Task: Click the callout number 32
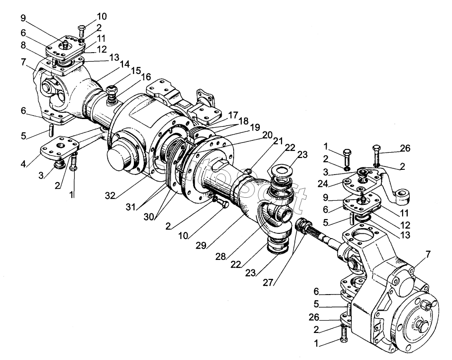pyautogui.click(x=110, y=196)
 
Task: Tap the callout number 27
pyautogui.click(x=268, y=283)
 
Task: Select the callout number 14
pyautogui.click(x=124, y=64)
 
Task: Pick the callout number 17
pyautogui.click(x=233, y=115)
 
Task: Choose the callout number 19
pyautogui.click(x=255, y=127)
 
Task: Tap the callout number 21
pyautogui.click(x=278, y=141)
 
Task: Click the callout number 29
pyautogui.click(x=201, y=245)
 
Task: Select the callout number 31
pyautogui.click(x=131, y=207)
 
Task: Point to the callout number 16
pyautogui.click(x=146, y=77)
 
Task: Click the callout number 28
pyautogui.click(x=220, y=256)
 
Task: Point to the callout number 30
pyautogui.click(x=149, y=217)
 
